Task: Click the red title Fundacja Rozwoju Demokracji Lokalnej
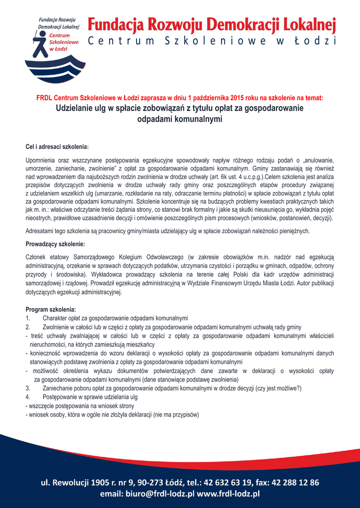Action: (x=212, y=24)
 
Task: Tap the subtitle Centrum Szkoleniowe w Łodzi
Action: (x=212, y=41)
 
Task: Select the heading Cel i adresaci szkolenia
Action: (x=57, y=147)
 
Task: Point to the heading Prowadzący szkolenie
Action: (x=55, y=244)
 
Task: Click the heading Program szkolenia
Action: (x=51, y=310)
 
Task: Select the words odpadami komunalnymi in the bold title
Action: (x=180, y=119)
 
